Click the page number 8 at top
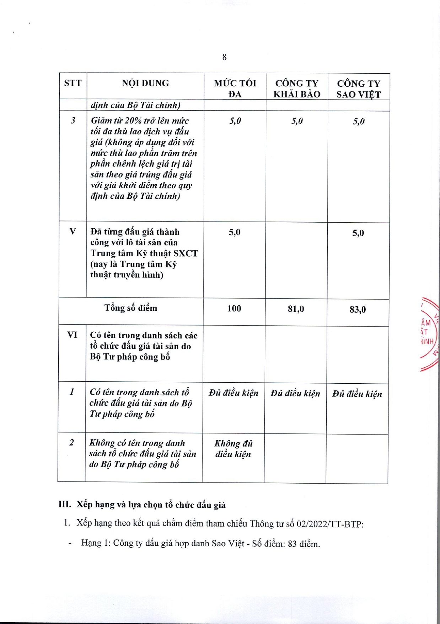coord(224,57)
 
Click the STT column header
coord(73,83)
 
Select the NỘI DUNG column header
coord(145,83)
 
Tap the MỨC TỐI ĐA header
coord(235,88)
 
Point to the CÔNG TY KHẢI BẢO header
coord(297,89)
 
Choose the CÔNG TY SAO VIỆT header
coord(358,89)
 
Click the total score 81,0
coord(296,309)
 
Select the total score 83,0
coord(358,309)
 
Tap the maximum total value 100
coord(234,308)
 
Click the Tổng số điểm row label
coord(130,308)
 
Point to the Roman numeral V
coord(73,231)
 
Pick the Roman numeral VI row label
coord(72,335)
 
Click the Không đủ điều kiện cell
coord(233,449)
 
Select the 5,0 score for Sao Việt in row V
coord(358,233)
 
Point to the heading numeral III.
coord(65,505)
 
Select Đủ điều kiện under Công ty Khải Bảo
coord(295,393)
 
